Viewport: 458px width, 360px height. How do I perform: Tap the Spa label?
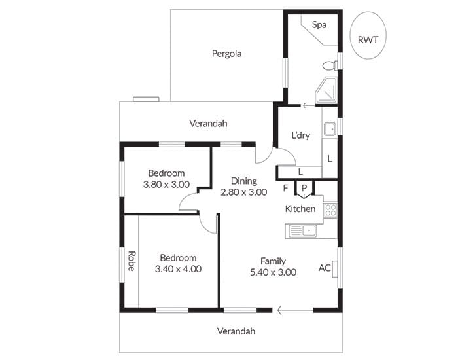(319, 25)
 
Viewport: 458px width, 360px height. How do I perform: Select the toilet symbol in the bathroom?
(330, 65)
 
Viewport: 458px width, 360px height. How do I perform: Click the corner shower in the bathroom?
(326, 90)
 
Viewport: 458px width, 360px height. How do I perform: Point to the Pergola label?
(226, 54)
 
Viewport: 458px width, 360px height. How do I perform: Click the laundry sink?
(330, 130)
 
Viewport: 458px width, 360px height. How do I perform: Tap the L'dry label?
(301, 135)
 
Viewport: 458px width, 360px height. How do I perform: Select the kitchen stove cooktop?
(330, 210)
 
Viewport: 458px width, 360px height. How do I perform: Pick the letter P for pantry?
(304, 188)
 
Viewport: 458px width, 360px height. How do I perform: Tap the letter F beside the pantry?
(286, 188)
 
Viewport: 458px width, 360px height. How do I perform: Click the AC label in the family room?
(325, 268)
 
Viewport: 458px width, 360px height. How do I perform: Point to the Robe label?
(132, 261)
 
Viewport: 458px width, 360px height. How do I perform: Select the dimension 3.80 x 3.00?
(166, 185)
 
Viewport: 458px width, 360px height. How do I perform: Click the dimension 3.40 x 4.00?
(178, 269)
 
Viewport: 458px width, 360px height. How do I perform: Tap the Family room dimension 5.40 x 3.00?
(273, 272)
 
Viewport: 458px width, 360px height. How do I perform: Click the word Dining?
(244, 181)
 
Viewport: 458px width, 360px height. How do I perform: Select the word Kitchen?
(300, 209)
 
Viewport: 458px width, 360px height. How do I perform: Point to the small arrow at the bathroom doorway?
(308, 105)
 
